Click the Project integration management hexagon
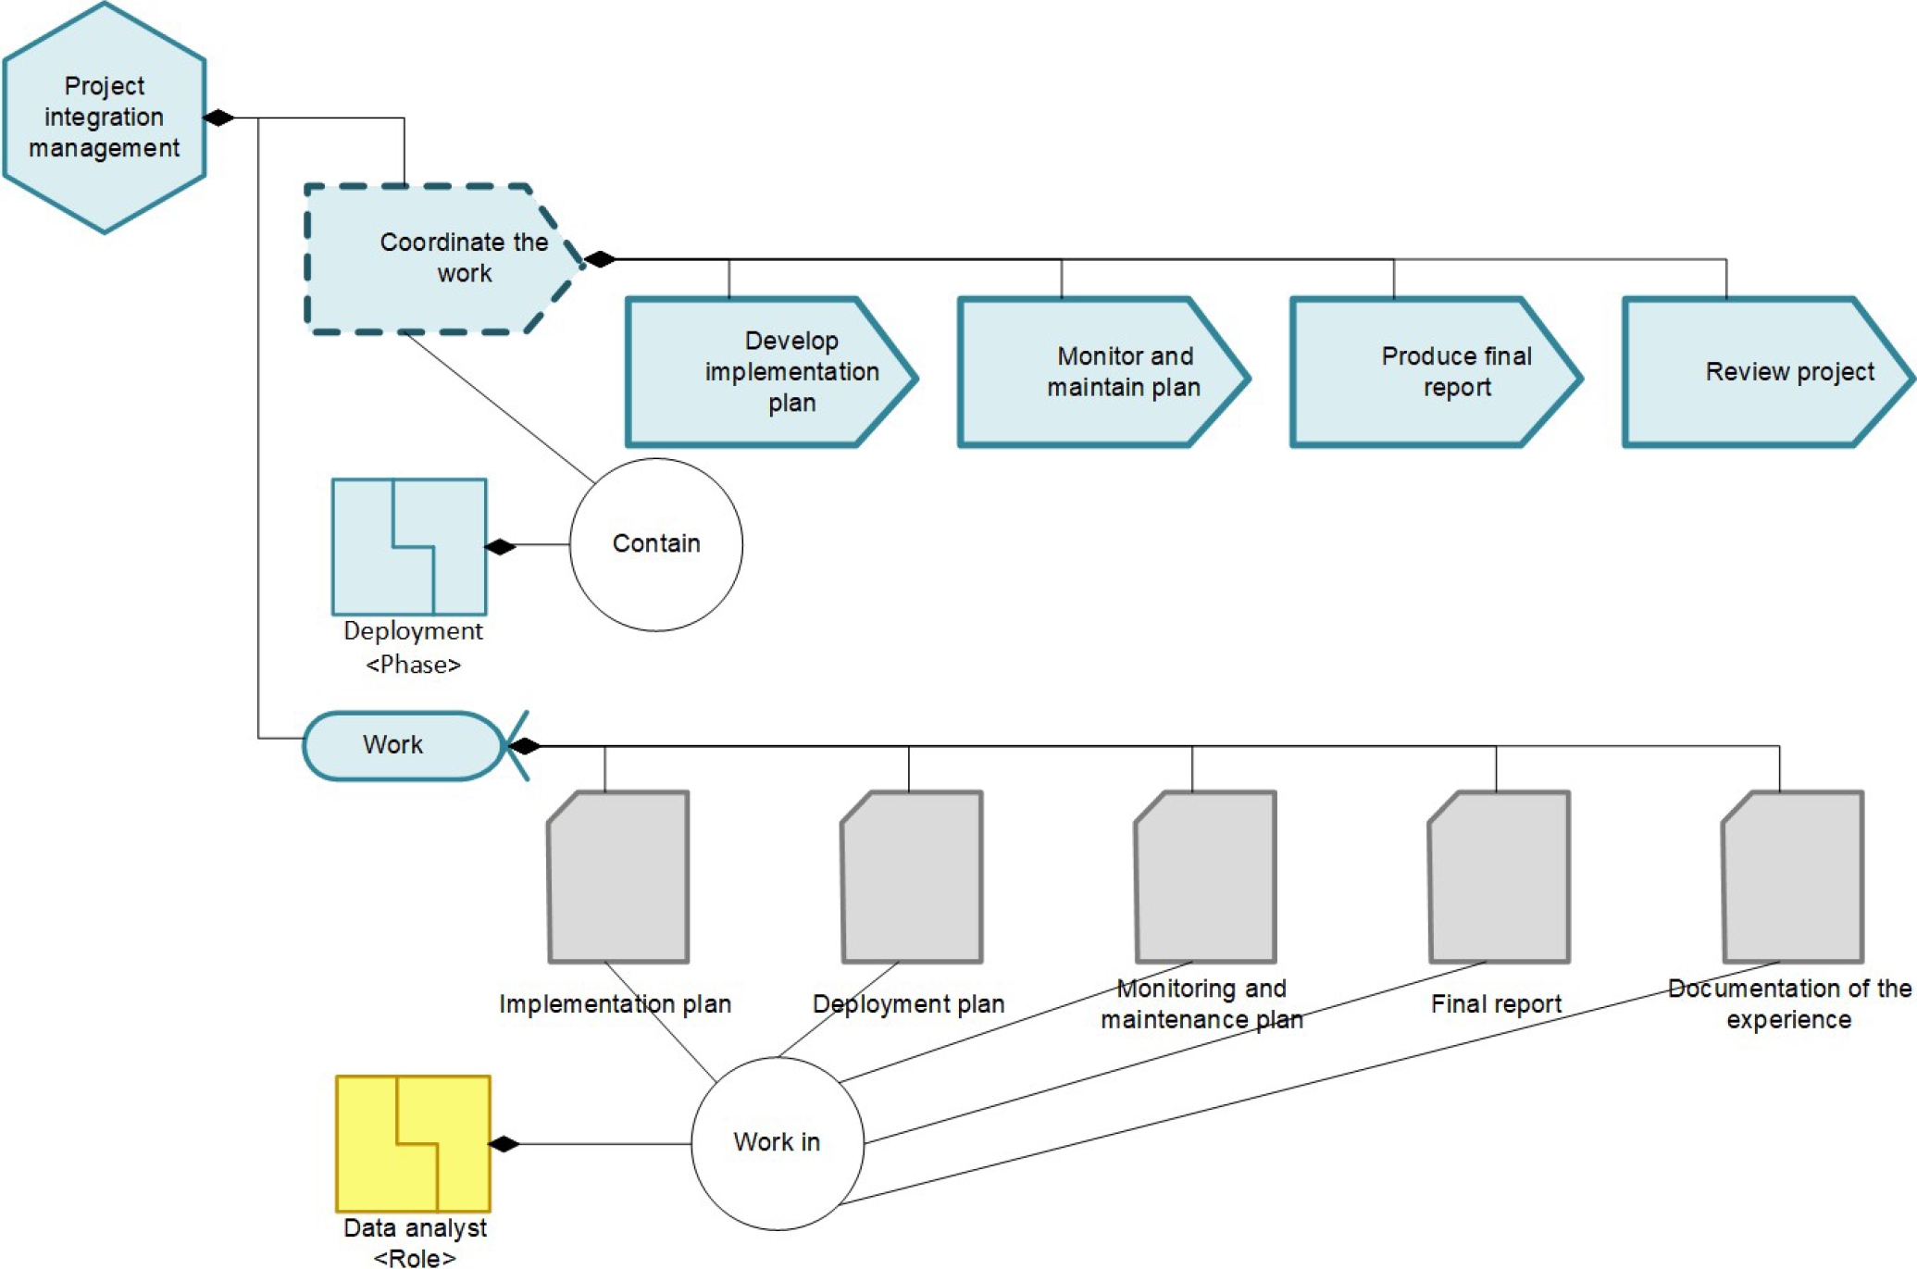(104, 118)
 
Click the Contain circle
(655, 544)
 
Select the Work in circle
(777, 1143)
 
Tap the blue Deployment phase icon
(409, 546)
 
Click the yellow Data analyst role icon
(413, 1143)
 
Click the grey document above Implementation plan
(618, 877)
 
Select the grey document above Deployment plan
(912, 877)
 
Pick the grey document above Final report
(1499, 877)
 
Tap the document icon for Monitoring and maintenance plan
(1205, 877)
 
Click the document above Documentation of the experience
(1792, 877)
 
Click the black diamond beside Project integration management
(218, 118)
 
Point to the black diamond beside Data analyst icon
(504, 1144)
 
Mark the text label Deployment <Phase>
(413, 647)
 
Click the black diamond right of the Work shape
(524, 746)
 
